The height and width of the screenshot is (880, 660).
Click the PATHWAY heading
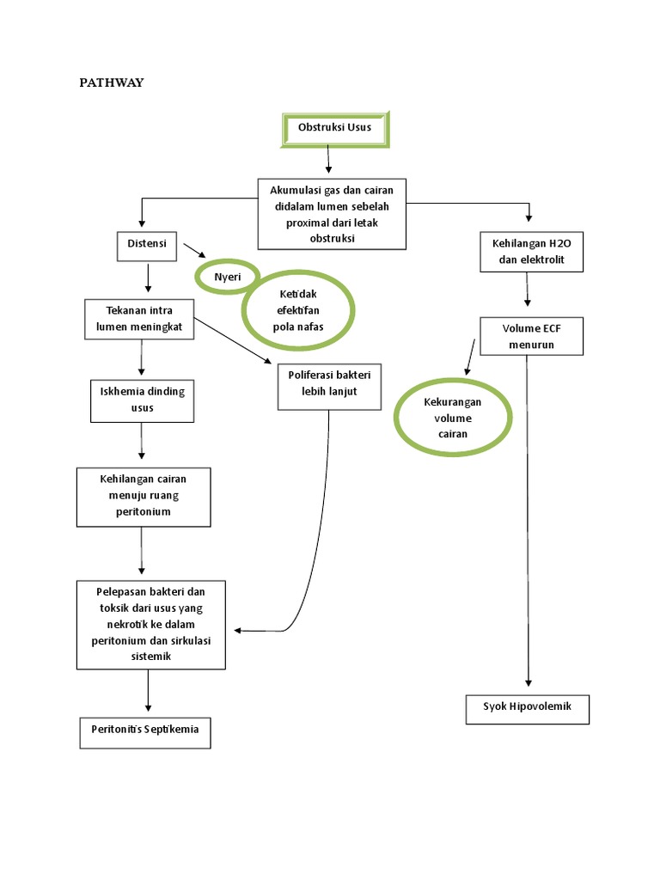112,82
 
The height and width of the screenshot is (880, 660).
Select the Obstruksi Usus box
335,128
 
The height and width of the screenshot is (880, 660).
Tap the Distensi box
146,245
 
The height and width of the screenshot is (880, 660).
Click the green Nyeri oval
227,277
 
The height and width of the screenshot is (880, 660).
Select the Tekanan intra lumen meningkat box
139,318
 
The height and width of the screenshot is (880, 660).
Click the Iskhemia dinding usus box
142,400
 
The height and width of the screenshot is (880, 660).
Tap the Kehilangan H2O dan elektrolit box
531,252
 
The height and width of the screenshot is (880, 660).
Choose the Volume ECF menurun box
531,336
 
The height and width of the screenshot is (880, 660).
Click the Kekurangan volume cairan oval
453,419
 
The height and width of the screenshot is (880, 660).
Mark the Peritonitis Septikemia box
145,730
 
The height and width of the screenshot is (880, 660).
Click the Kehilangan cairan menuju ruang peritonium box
144,497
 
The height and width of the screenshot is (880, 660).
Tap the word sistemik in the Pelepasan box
150,657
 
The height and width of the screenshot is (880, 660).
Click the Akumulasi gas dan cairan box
332,214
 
